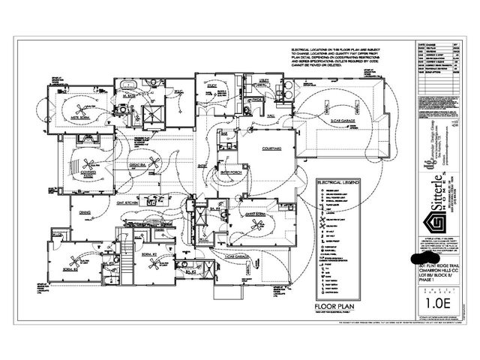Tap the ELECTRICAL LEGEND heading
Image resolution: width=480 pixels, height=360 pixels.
338,182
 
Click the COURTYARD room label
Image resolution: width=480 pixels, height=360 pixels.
271,149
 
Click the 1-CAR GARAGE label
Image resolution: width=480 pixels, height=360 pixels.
238,256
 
